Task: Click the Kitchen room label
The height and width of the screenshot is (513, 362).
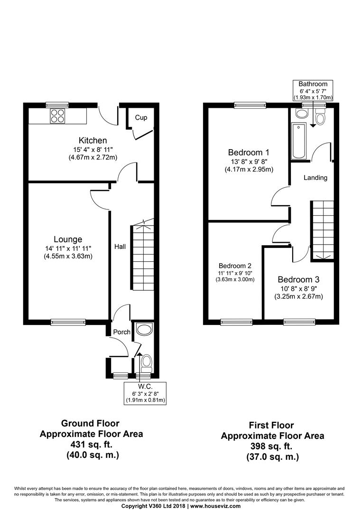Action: (93, 140)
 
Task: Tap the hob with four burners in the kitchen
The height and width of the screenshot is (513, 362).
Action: (57, 115)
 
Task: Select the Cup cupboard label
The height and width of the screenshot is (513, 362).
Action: (141, 117)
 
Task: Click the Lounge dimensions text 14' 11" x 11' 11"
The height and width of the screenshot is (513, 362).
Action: (68, 248)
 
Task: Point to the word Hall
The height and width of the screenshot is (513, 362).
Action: (120, 247)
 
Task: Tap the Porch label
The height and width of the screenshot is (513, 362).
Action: (121, 332)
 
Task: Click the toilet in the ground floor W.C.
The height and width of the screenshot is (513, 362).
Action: (146, 363)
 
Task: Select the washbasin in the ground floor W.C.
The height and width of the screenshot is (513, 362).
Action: (144, 329)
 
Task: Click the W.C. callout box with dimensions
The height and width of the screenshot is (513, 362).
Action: (145, 393)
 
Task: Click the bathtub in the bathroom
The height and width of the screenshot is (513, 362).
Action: (298, 141)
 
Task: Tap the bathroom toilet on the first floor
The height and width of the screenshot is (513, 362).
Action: (319, 117)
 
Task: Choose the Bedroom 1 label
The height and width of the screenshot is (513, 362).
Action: (249, 152)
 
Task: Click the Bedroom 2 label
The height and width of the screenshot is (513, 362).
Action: (235, 266)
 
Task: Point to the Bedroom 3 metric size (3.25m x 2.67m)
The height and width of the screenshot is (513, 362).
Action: (298, 297)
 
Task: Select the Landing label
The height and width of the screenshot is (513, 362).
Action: (316, 178)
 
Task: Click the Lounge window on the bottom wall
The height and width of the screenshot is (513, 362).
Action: (68, 322)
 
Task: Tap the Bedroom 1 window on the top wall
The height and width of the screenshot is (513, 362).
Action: (250, 105)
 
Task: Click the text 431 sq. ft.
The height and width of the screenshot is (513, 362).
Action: (91, 445)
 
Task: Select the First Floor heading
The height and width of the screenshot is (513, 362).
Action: (271, 425)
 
